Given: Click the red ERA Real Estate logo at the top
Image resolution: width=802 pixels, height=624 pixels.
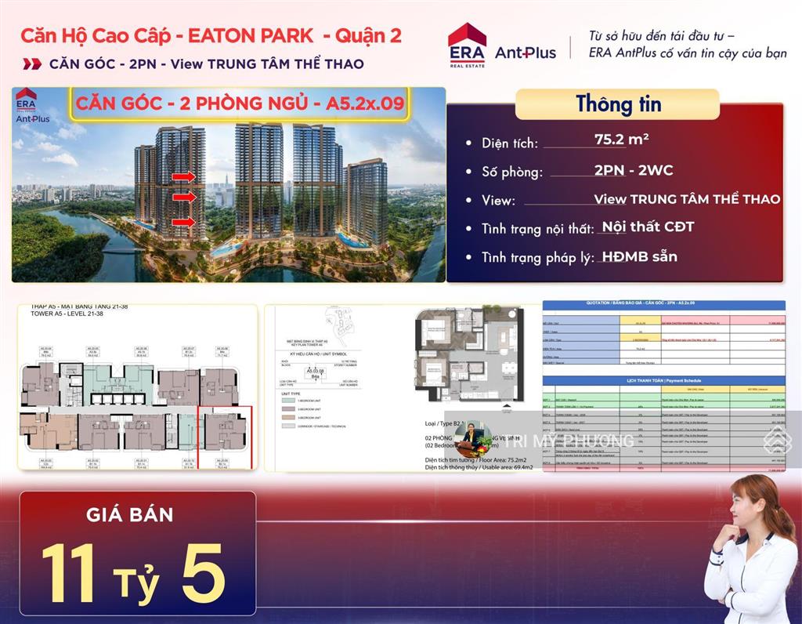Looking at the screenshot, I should pyautogui.click(x=467, y=45).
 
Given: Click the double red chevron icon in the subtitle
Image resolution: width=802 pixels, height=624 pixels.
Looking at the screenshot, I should pyautogui.click(x=32, y=63).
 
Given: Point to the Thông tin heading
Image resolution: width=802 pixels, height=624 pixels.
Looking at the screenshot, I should pyautogui.click(x=618, y=103).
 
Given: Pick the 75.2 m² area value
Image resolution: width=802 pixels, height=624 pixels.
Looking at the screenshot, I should pyautogui.click(x=622, y=140).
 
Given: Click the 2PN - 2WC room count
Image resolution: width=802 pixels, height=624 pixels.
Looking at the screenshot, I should pyautogui.click(x=633, y=170).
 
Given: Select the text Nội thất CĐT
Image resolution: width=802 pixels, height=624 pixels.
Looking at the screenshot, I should pyautogui.click(x=648, y=227).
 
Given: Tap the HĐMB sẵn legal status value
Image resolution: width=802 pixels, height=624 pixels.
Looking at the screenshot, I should pyautogui.click(x=640, y=256).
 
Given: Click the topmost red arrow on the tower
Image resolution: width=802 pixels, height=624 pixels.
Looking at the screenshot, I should pyautogui.click(x=183, y=177).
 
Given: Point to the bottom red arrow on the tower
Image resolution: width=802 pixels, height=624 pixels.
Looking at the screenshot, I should pyautogui.click(x=183, y=223).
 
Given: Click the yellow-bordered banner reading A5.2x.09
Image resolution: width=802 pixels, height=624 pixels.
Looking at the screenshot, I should pyautogui.click(x=240, y=105).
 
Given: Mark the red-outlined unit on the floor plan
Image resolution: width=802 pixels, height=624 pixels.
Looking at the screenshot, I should pyautogui.click(x=225, y=436).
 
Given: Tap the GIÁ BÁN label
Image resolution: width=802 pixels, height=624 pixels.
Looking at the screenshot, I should pyautogui.click(x=130, y=515).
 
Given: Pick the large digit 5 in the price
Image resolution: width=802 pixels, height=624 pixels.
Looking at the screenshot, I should pyautogui.click(x=202, y=571).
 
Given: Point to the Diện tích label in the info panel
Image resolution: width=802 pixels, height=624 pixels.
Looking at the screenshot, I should pyautogui.click(x=510, y=143).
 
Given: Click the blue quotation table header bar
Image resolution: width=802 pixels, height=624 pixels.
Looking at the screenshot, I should pyautogui.click(x=663, y=305).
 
